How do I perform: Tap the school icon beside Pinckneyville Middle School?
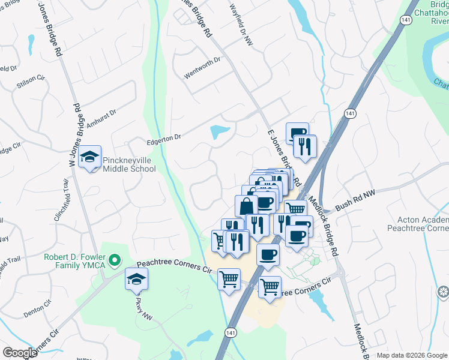(90, 157)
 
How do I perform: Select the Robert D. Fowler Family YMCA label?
(74, 261)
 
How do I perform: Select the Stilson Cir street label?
(31, 79)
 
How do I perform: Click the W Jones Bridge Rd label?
(74, 136)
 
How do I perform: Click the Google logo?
(20, 353)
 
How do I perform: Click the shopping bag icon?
(246, 206)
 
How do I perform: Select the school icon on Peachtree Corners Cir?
(136, 278)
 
